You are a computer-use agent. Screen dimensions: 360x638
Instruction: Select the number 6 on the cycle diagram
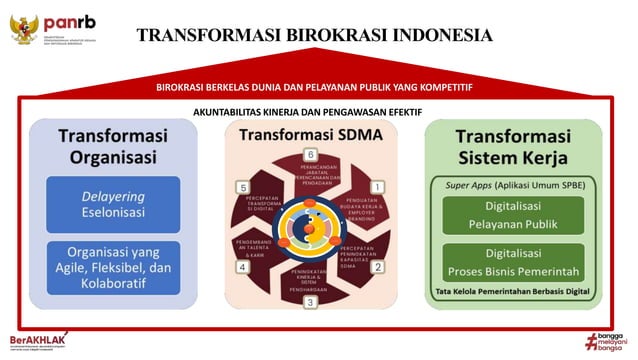(x=311, y=155)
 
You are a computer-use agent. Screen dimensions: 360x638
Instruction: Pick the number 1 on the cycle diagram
(x=377, y=187)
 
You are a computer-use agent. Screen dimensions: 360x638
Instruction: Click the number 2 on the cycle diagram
(x=377, y=267)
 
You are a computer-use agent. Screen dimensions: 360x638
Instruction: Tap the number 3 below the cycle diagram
(x=310, y=301)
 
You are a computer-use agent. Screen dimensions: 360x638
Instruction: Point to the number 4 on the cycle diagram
(x=242, y=267)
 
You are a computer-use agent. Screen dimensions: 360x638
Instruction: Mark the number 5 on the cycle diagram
(x=242, y=187)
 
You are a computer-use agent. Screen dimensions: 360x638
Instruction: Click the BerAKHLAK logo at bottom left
(x=35, y=339)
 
